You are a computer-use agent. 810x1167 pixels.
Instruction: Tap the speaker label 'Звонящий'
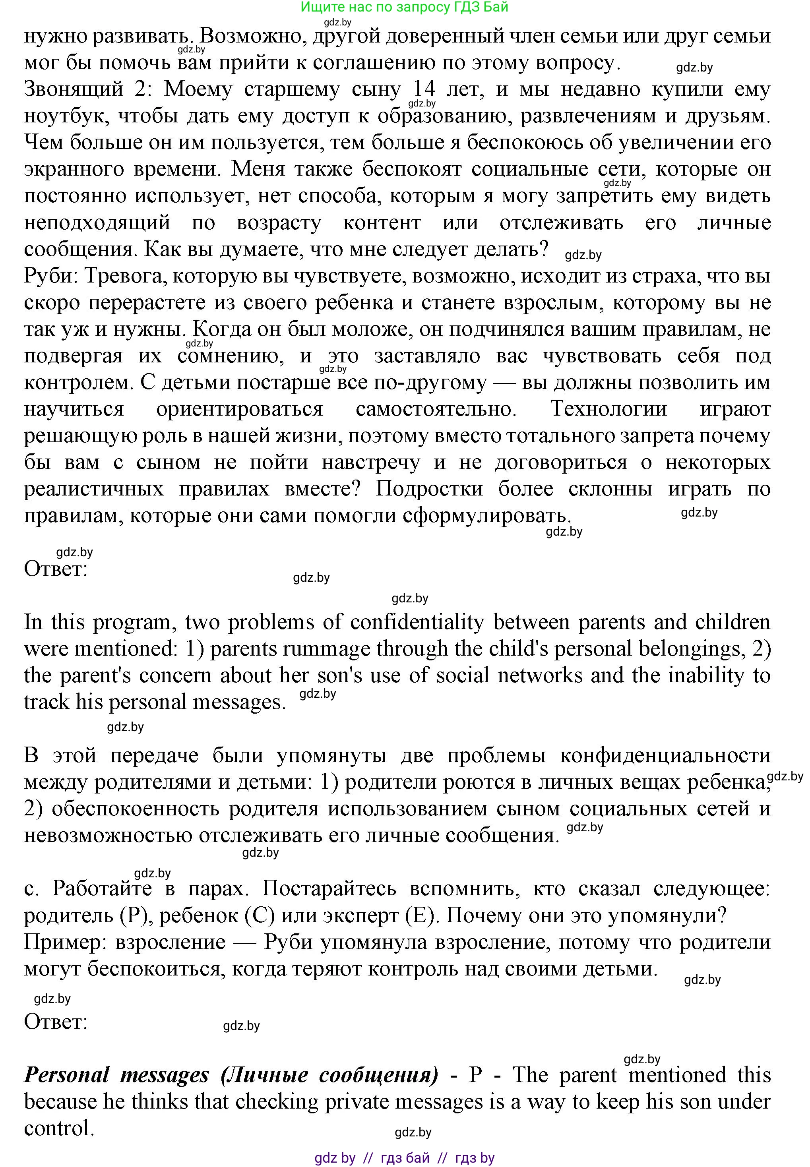(74, 89)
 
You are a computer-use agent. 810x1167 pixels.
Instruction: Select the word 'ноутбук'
(66, 116)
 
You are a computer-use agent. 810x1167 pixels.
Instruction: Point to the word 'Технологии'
(608, 409)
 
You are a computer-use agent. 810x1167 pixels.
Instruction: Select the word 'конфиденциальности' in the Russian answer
(665, 755)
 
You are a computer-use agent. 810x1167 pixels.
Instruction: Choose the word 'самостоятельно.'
(436, 409)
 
